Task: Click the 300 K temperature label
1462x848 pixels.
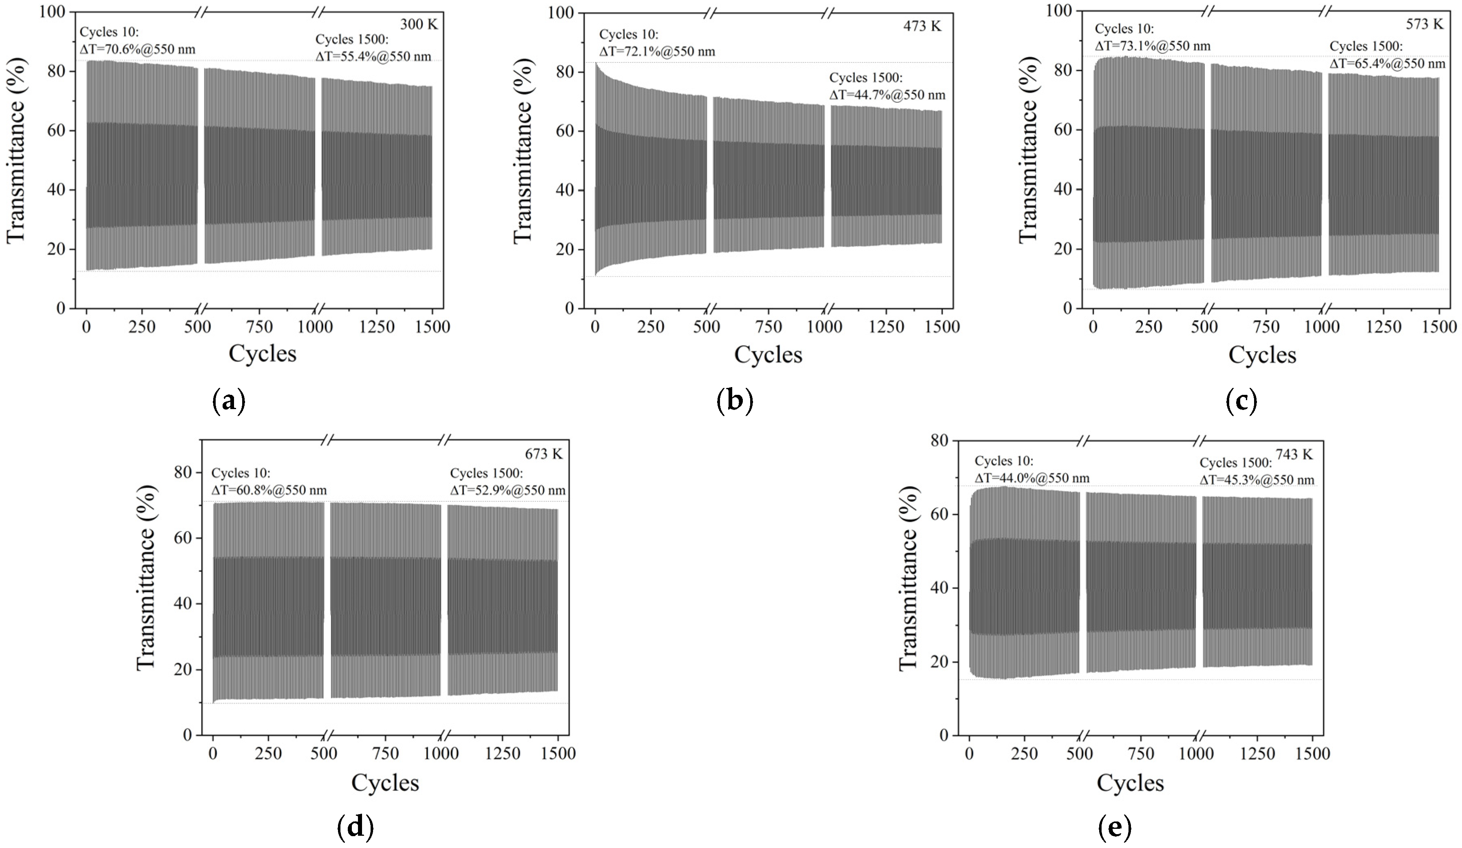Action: (419, 24)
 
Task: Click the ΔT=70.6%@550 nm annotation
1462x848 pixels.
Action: (137, 49)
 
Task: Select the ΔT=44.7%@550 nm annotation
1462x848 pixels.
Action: (887, 95)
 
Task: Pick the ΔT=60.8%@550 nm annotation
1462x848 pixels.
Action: (269, 490)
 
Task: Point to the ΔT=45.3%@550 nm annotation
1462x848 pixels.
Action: (1257, 480)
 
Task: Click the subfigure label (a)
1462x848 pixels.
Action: (229, 401)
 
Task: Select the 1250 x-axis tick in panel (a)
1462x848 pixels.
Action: (377, 327)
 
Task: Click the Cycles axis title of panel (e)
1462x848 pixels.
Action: (1130, 783)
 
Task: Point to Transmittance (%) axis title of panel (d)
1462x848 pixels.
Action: (146, 587)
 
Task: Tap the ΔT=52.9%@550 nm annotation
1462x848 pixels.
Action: (508, 490)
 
